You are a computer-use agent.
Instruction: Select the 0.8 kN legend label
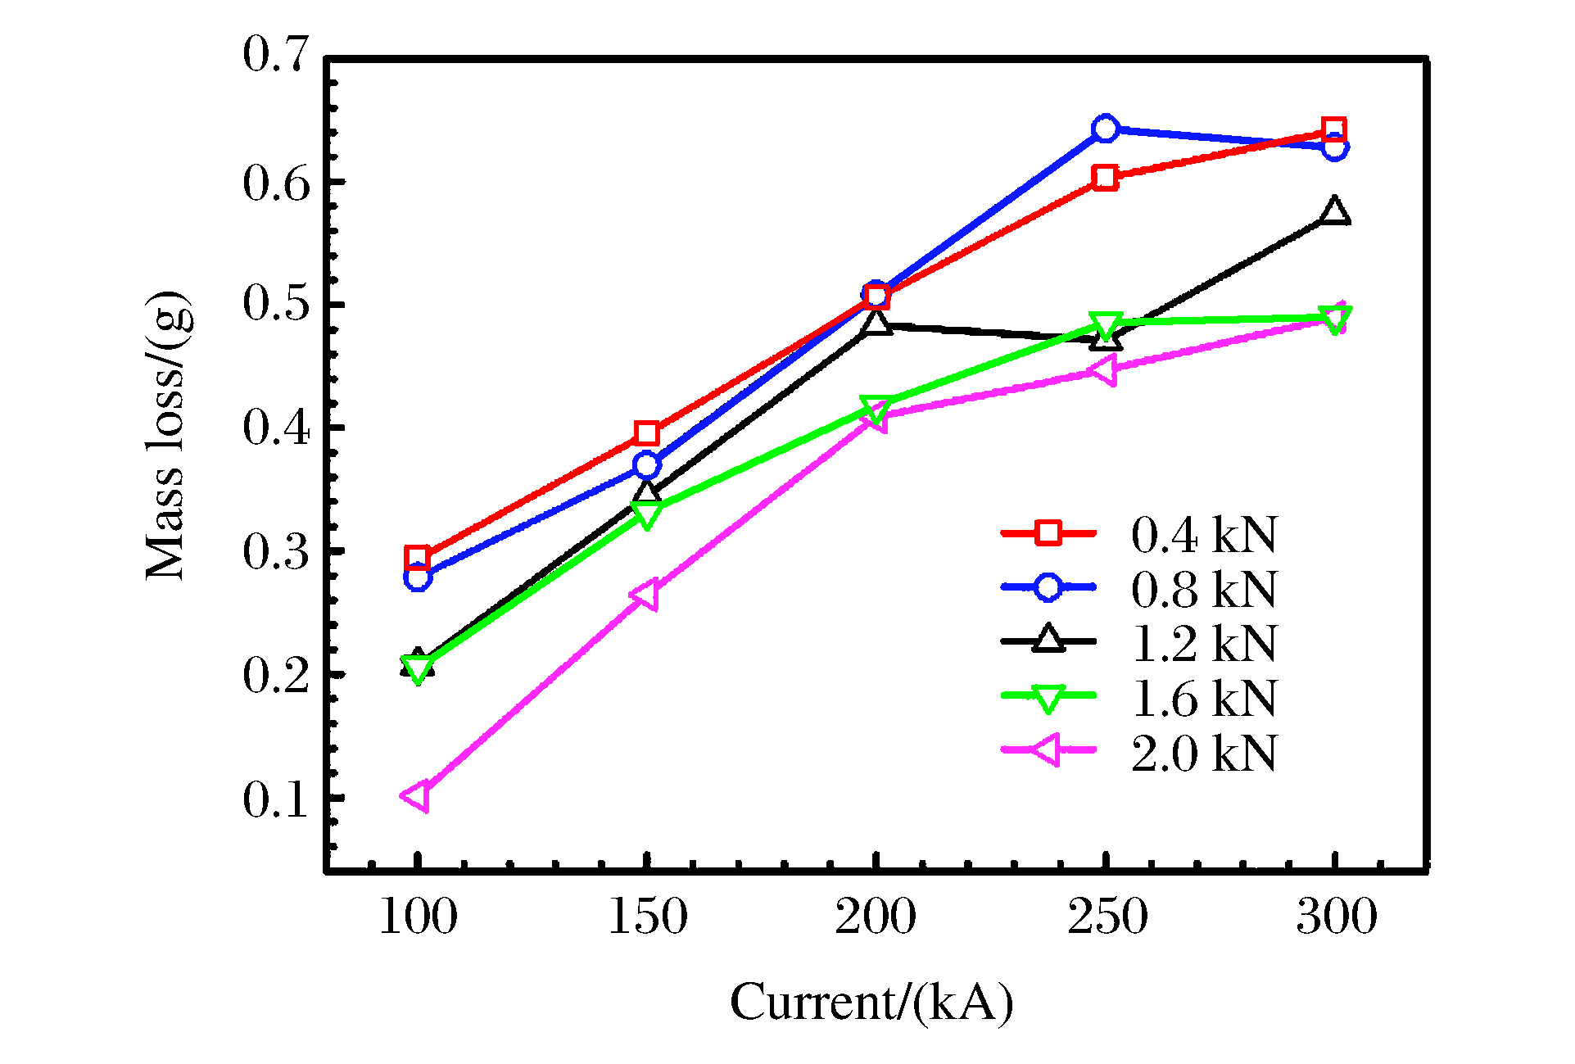pyautogui.click(x=1203, y=588)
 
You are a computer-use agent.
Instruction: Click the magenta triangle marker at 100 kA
pyautogui.click(x=416, y=796)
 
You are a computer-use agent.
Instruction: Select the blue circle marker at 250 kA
pyautogui.click(x=1105, y=129)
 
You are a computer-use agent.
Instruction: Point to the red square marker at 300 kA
pyautogui.click(x=1334, y=129)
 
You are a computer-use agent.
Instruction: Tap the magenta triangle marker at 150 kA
pyautogui.click(x=645, y=595)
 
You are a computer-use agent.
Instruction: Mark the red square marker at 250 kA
pyautogui.click(x=1105, y=178)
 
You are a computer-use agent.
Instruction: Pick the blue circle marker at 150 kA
pyautogui.click(x=646, y=465)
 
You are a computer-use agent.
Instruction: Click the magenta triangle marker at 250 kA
pyautogui.click(x=1104, y=370)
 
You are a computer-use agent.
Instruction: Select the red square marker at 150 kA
pyautogui.click(x=646, y=433)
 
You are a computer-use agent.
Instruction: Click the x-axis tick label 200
pyautogui.click(x=876, y=917)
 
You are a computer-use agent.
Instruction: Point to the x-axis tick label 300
pyautogui.click(x=1336, y=917)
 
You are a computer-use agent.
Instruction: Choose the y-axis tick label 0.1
pyautogui.click(x=277, y=799)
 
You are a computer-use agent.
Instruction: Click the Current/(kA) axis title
pyautogui.click(x=871, y=1002)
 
